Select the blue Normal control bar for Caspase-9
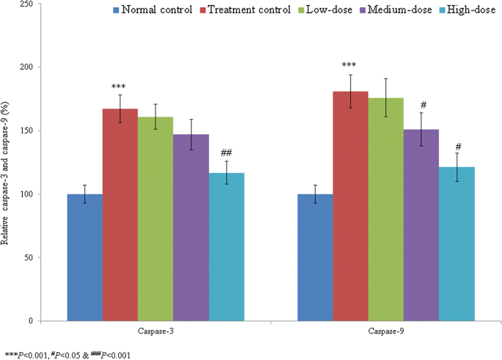[315, 257]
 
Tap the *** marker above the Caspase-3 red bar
[120, 87]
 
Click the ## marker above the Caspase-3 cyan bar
[226, 153]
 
